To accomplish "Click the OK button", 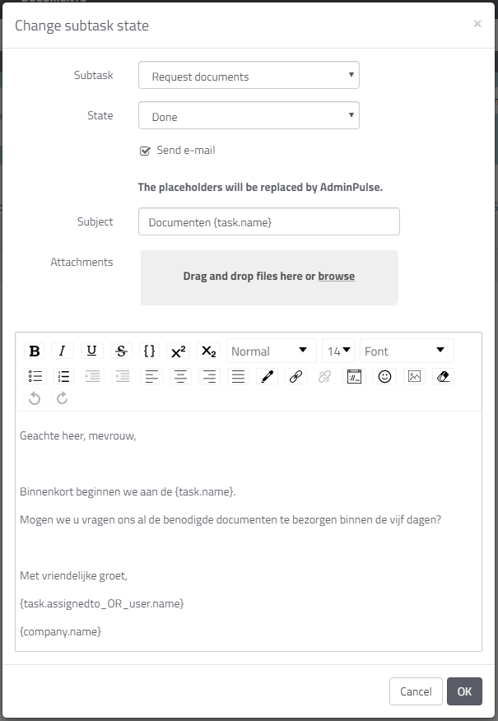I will click(464, 691).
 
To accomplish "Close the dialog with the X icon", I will click(477, 24).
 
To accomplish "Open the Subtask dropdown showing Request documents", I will click(249, 76).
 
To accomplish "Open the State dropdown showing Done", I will click(249, 116).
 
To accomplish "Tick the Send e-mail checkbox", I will click(146, 151).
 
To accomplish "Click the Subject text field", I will click(268, 221).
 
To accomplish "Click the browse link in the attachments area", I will click(336, 277).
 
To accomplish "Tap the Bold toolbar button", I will click(35, 351).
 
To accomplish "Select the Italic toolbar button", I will click(63, 351).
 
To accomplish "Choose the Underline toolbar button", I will click(91, 351).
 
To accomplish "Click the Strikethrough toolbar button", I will click(121, 351).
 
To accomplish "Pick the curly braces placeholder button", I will click(149, 351).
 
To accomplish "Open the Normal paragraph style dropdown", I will click(271, 351).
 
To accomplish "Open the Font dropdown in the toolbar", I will click(406, 351).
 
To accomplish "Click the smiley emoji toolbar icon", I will click(384, 376).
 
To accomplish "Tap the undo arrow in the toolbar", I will click(35, 398).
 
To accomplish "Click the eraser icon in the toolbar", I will click(442, 376).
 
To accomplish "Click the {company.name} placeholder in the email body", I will click(60, 631).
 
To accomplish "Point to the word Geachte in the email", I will click(40, 436).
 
